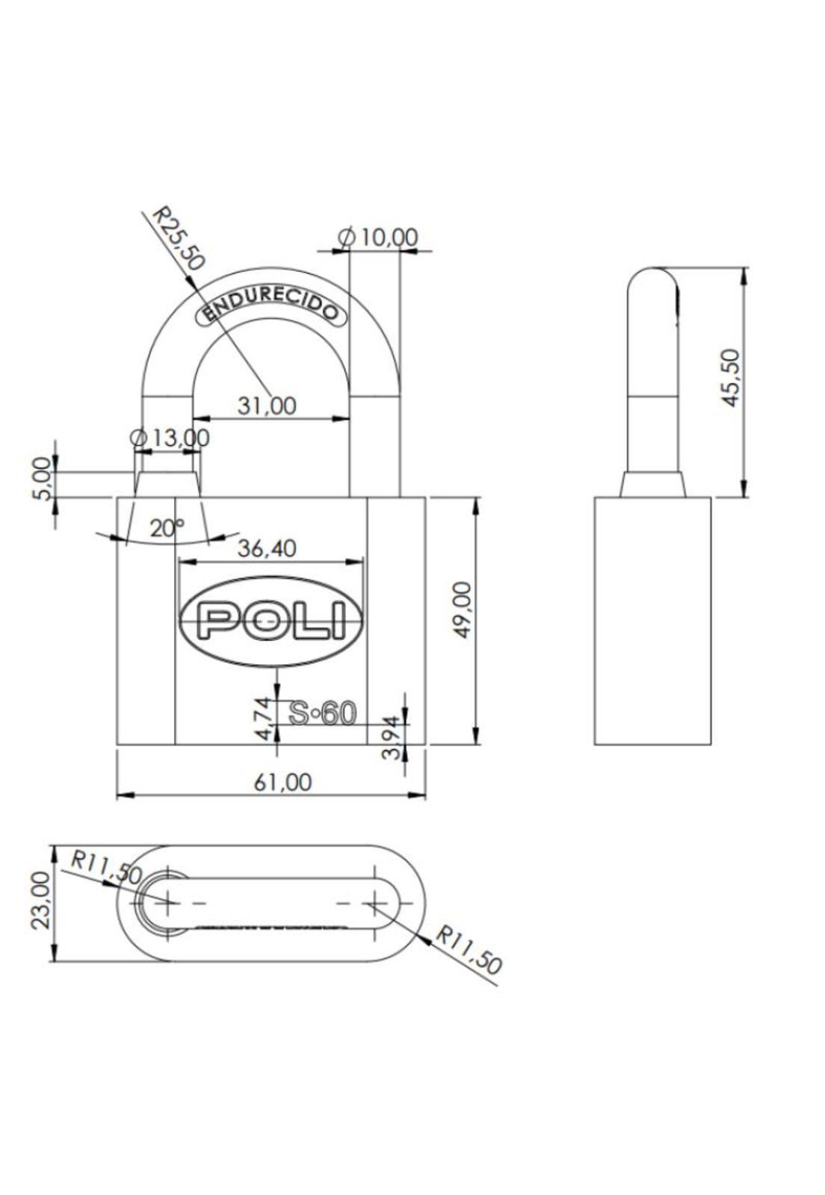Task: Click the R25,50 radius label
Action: coord(178,238)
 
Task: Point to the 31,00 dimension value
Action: coord(266,406)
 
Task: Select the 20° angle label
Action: coord(166,528)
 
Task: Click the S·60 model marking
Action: coord(323,713)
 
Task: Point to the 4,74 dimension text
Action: coord(263,718)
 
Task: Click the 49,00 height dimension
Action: coord(463,610)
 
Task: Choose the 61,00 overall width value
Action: coord(282,782)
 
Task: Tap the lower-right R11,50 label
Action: coord(469,949)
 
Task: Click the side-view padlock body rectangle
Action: coord(652,621)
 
